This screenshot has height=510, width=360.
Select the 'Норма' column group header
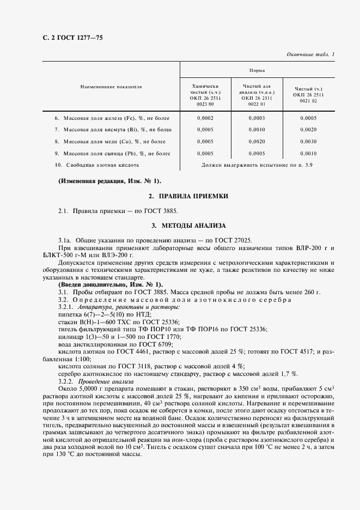tap(257, 71)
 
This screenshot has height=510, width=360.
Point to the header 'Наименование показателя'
tap(111, 86)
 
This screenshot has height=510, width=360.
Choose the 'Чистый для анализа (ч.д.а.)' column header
tap(257, 96)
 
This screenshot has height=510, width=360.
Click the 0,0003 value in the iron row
tap(257, 118)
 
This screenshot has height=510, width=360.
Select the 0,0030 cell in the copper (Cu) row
tap(308, 142)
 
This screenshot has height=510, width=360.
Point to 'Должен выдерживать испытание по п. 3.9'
tap(257, 165)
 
